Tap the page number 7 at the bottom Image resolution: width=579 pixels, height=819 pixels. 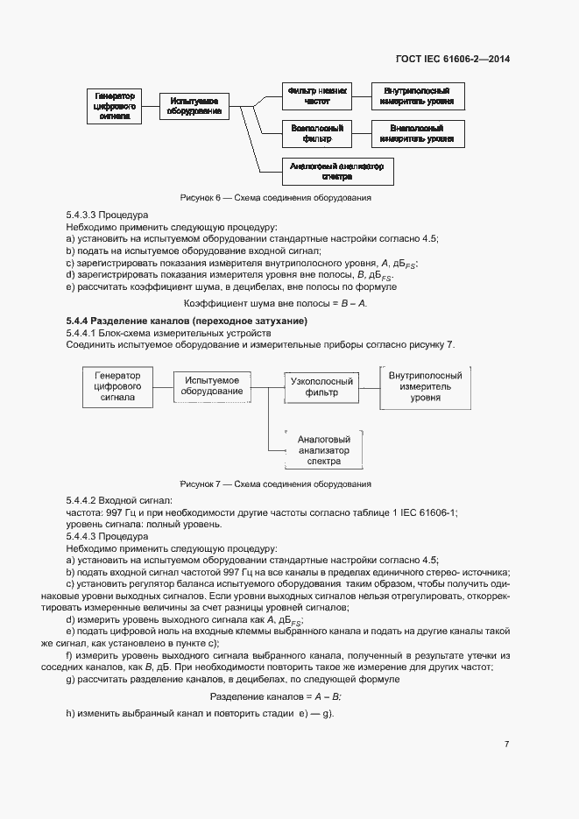506,745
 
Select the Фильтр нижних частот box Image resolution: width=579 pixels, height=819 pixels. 318,96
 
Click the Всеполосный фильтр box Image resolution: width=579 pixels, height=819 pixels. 316,133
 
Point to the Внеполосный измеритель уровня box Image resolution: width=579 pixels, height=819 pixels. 417,133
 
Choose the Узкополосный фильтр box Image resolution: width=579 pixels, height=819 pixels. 321,387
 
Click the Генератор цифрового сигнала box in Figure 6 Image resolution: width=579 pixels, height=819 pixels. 115,106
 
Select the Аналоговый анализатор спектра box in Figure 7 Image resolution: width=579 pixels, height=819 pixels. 324,450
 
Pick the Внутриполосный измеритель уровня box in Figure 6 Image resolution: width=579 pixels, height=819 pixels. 417,96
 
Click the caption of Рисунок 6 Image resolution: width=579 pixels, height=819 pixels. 275,198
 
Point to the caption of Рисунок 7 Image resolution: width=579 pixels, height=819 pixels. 275,484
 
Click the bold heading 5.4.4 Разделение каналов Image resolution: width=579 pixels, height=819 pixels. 186,321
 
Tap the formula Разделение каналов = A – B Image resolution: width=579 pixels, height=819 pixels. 275,695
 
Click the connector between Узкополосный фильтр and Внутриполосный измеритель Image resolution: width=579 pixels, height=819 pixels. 370,386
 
